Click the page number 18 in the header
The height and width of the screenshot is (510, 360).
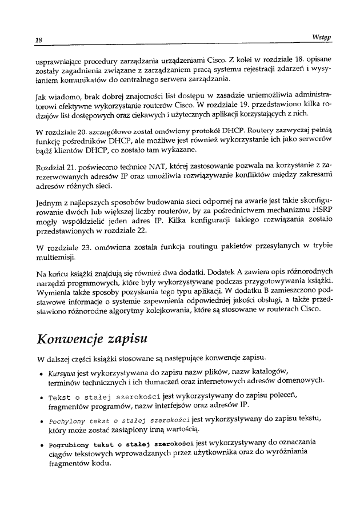(x=39, y=39)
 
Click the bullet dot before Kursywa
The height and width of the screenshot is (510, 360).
(x=39, y=372)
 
